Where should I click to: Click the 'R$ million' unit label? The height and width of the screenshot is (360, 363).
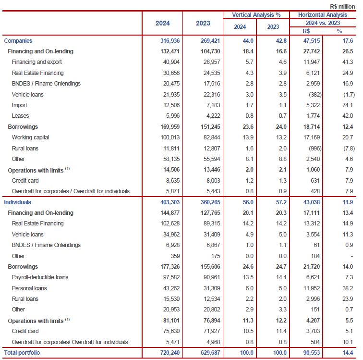[x=343, y=6]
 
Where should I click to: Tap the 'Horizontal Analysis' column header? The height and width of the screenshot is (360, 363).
[x=324, y=15]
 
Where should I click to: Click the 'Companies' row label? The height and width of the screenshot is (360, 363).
[x=18, y=41]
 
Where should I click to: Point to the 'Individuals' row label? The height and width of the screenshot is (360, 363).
[x=18, y=202]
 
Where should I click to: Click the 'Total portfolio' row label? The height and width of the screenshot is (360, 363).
[x=22, y=353]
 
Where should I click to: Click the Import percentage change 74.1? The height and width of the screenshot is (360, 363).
[x=338, y=105]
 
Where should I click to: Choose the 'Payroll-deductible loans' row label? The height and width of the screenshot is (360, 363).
[x=39, y=277]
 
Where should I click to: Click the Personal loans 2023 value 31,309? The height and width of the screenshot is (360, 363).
[x=207, y=288]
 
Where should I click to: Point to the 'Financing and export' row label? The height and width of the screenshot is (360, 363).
[x=37, y=62]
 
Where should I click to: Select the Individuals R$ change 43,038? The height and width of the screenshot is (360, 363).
[x=303, y=202]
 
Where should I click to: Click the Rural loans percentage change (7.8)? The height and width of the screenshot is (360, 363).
[x=337, y=149]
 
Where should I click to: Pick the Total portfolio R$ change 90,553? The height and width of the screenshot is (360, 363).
[x=303, y=353]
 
